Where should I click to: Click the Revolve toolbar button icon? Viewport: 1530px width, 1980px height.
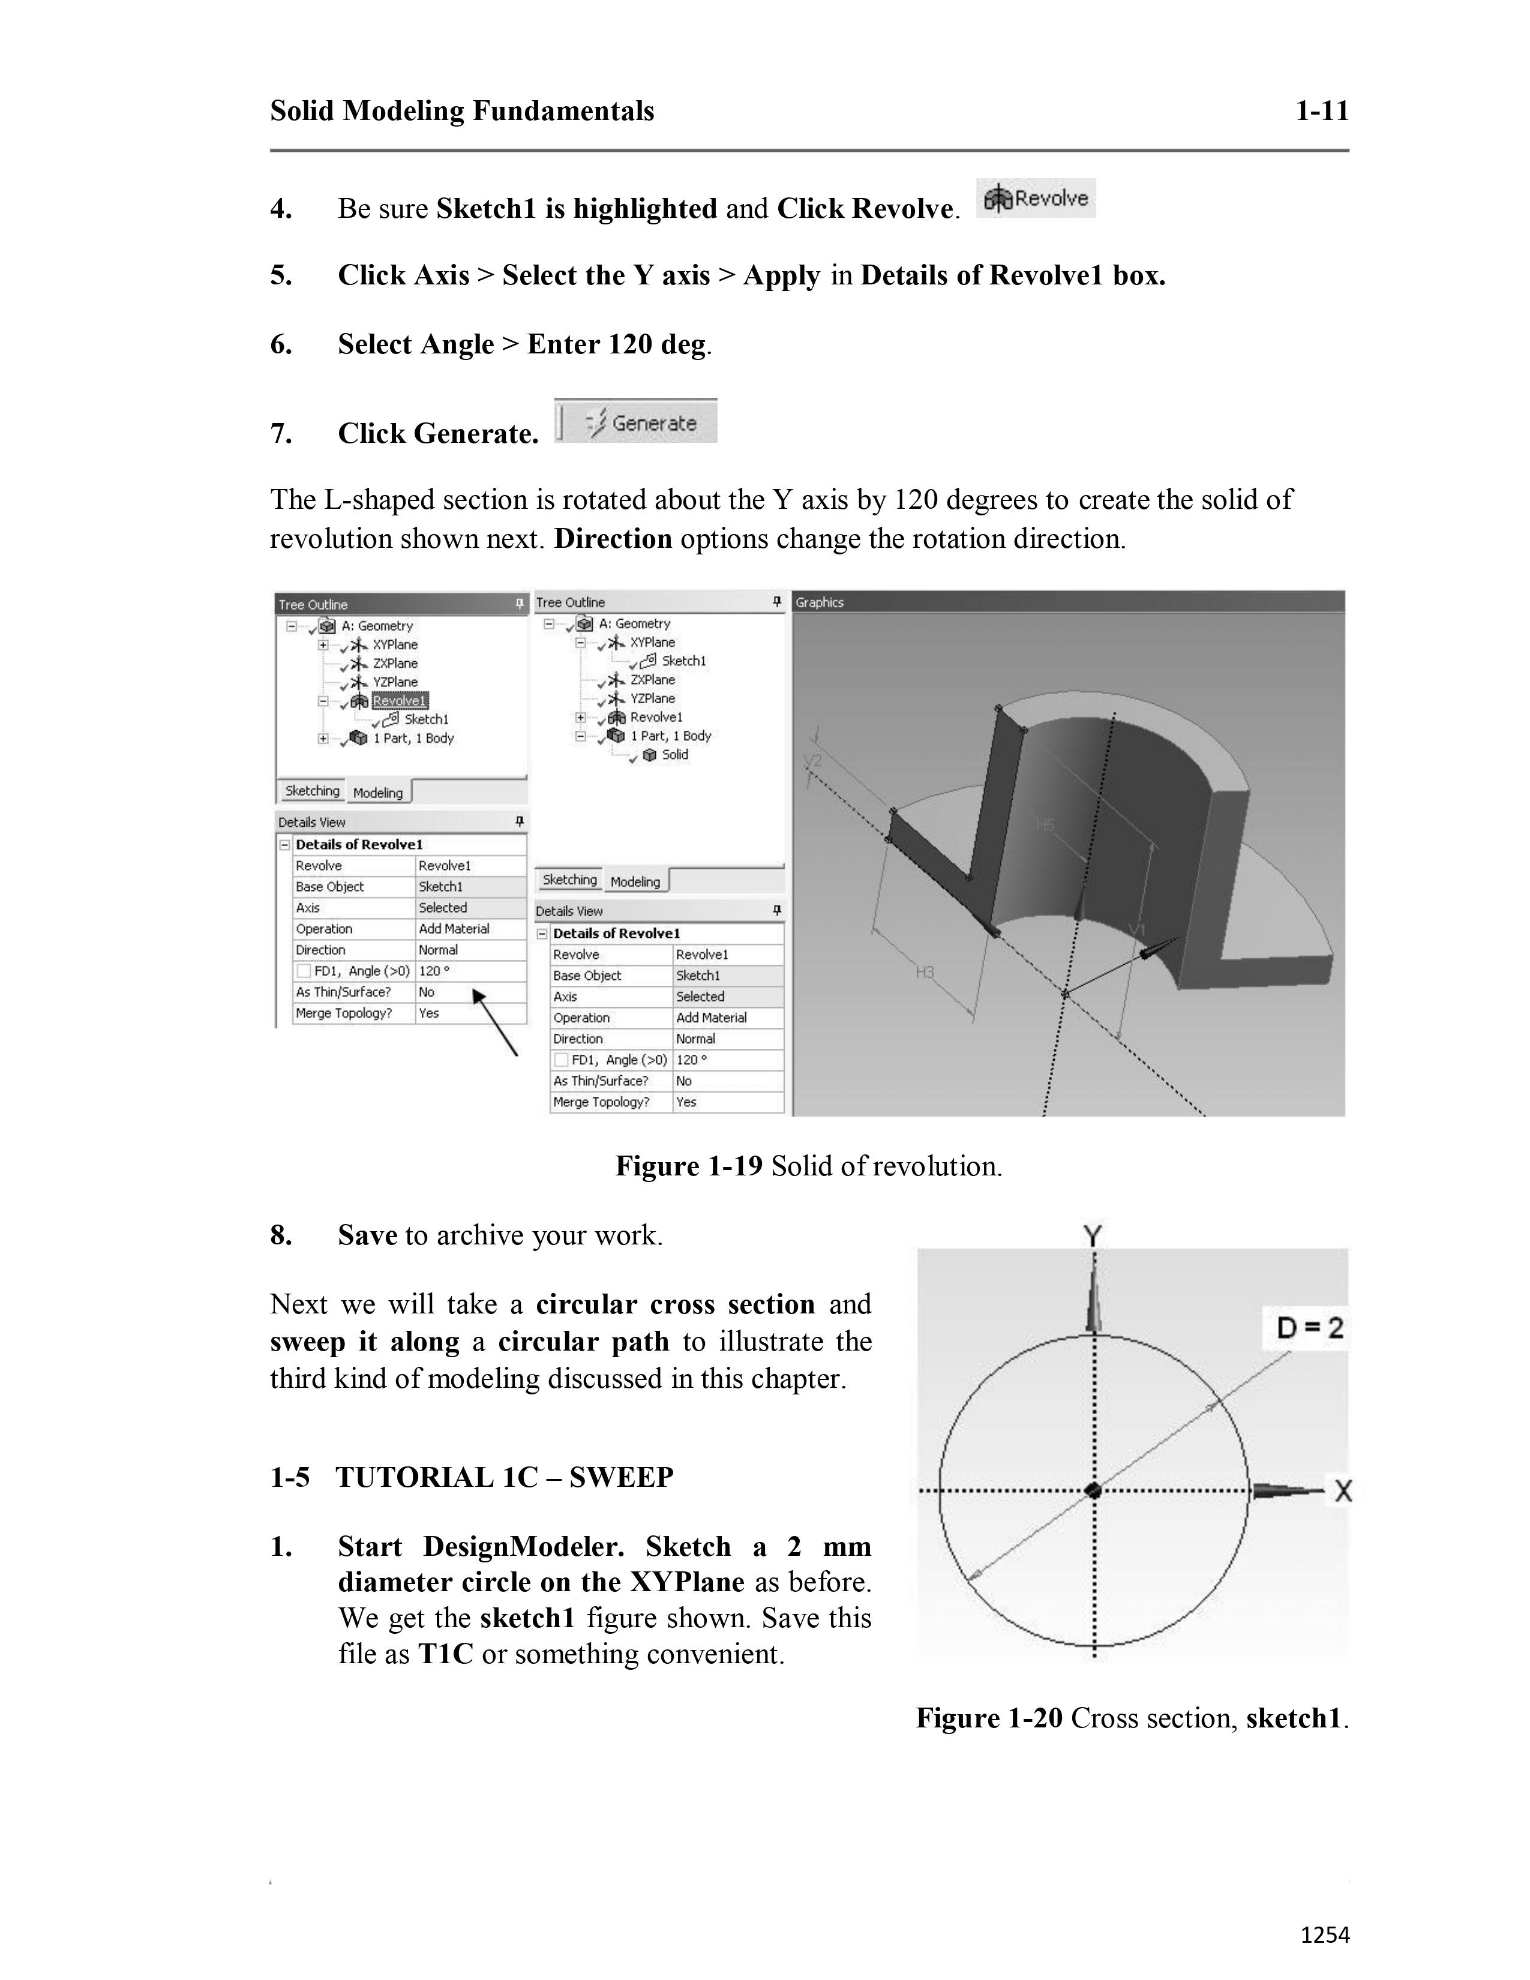pos(1035,199)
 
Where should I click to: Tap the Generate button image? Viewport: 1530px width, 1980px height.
pos(636,422)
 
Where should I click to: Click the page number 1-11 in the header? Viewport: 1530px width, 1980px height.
pos(1322,112)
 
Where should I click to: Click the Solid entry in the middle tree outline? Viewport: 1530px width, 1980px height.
pos(674,754)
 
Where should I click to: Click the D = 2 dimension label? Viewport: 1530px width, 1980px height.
pos(1309,1328)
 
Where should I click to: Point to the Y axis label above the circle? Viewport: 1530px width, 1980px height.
pos(1093,1235)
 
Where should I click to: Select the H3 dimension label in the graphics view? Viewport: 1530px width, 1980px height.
pos(925,973)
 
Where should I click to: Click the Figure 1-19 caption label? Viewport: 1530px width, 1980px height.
pos(689,1166)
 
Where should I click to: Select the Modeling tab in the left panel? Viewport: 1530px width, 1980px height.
pos(378,793)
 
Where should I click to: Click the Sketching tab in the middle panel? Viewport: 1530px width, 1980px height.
pos(569,880)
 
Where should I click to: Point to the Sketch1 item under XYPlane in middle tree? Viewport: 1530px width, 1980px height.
pos(683,661)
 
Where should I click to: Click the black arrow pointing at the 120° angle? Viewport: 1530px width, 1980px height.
pos(495,1024)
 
